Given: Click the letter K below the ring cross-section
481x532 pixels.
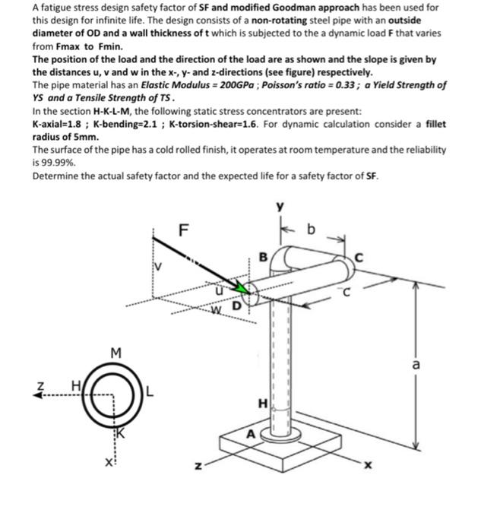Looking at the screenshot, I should pos(119,432).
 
